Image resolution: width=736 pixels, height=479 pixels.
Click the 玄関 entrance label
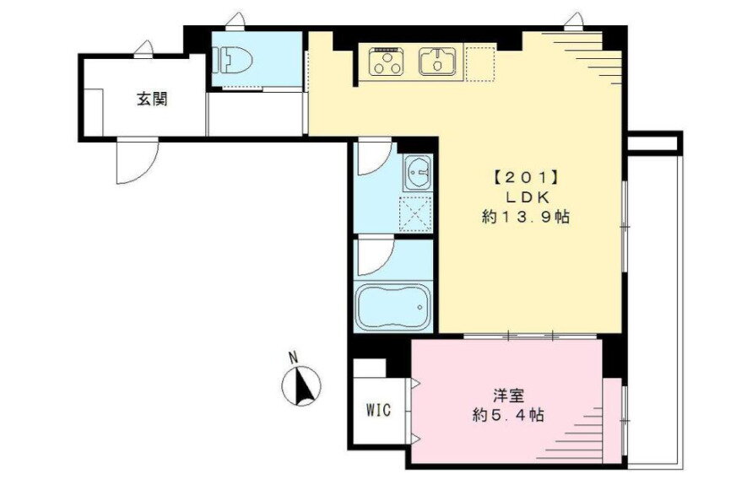pyautogui.click(x=152, y=99)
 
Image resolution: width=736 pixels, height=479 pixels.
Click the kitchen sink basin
pyautogui.click(x=437, y=61)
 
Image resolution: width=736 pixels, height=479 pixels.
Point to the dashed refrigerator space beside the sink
pyautogui.click(x=478, y=63)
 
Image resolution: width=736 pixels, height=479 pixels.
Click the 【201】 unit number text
pyautogui.click(x=521, y=179)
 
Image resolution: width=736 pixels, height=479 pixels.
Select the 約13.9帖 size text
pyautogui.click(x=523, y=217)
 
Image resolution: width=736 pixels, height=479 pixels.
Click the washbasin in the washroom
pyautogui.click(x=417, y=175)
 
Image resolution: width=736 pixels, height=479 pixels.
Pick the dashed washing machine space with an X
pyautogui.click(x=414, y=213)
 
